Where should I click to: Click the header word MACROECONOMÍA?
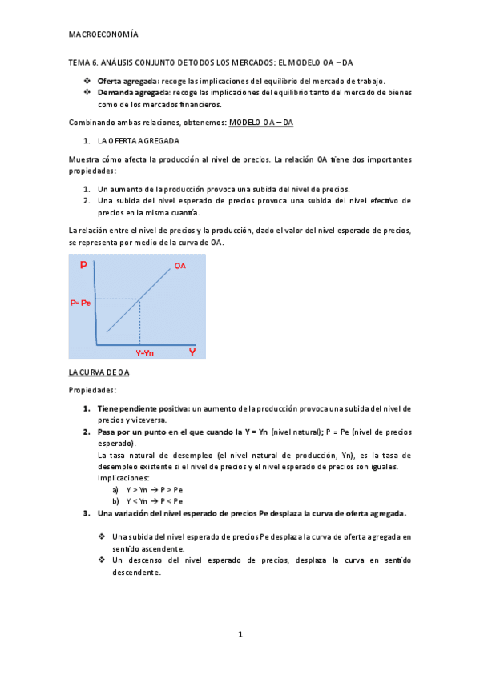tap(103, 35)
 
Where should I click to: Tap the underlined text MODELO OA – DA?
tap(261, 122)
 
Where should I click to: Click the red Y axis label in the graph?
tap(192, 352)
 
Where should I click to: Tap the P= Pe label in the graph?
tap(81, 303)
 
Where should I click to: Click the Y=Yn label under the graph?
tap(146, 352)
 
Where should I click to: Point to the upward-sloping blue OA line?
tap(136, 300)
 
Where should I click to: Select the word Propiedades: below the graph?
tap(92, 390)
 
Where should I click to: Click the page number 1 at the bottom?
tap(240, 635)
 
